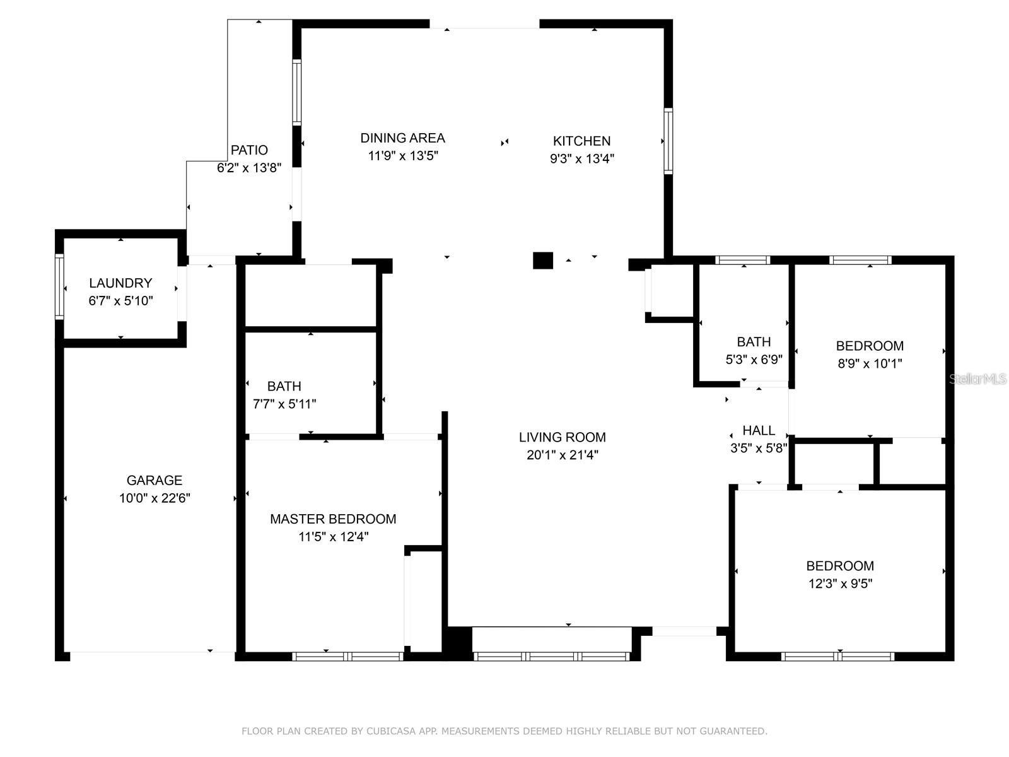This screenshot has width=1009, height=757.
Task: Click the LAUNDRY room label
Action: [120, 283]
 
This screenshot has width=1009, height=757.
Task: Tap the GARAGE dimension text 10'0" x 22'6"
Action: [155, 498]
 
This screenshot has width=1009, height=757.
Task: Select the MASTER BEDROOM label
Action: [333, 519]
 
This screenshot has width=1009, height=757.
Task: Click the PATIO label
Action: [249, 150]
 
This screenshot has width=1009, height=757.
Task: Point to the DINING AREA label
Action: [402, 138]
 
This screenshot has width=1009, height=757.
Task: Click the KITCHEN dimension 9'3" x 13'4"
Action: [581, 159]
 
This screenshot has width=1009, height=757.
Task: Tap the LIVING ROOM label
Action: [562, 437]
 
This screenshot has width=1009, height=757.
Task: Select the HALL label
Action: [759, 431]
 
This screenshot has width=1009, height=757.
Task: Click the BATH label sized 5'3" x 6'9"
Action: [754, 342]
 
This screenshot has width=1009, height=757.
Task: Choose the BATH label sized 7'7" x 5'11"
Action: [284, 386]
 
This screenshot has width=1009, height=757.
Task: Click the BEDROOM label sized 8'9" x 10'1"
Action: [870, 346]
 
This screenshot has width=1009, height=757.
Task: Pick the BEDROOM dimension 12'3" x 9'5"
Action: [840, 584]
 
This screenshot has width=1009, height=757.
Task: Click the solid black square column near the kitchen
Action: [543, 261]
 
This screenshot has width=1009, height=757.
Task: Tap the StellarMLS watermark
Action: [978, 379]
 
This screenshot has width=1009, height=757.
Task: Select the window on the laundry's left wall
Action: [59, 286]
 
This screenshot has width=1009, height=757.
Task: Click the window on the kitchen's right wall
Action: [668, 141]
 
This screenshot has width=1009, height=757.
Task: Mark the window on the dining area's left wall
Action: [296, 92]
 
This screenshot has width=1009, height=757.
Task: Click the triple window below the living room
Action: [551, 656]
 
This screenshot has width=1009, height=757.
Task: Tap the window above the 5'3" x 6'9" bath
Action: [742, 260]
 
